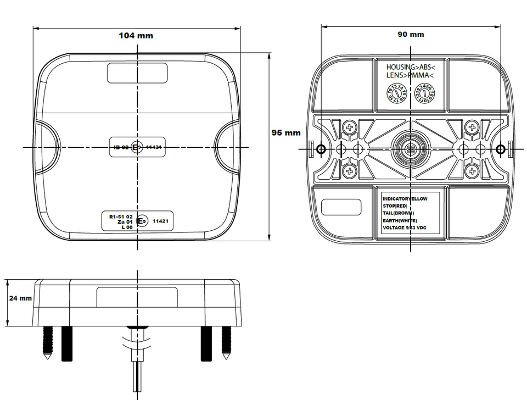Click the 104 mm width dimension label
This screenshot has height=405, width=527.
click(x=136, y=36)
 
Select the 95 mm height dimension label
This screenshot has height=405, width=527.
click(x=286, y=132)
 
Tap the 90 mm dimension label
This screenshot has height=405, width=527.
click(x=411, y=35)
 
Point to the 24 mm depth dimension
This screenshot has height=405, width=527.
click(x=20, y=298)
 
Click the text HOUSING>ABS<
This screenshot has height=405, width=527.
click(x=411, y=66)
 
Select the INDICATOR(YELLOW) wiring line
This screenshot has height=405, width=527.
click(x=405, y=198)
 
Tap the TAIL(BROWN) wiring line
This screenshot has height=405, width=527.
click(x=398, y=213)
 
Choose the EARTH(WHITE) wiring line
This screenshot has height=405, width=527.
click(x=400, y=220)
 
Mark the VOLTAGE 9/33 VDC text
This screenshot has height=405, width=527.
click(x=404, y=228)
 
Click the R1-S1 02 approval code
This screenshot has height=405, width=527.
click(x=121, y=217)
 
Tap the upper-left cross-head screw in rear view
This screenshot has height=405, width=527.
click(x=350, y=129)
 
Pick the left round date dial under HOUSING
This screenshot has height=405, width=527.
click(x=396, y=94)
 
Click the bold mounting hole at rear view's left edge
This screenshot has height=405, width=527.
click(x=322, y=149)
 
